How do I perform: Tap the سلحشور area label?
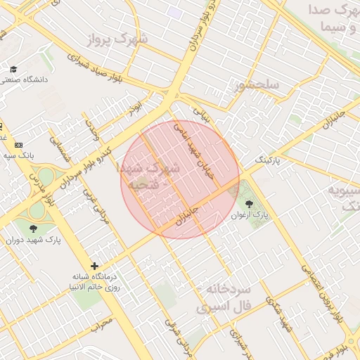[258, 86]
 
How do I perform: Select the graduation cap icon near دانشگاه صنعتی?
[13, 69]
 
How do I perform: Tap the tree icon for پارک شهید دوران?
[33, 229]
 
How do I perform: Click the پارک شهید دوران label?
[34, 240]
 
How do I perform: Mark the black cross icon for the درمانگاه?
[95, 266]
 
